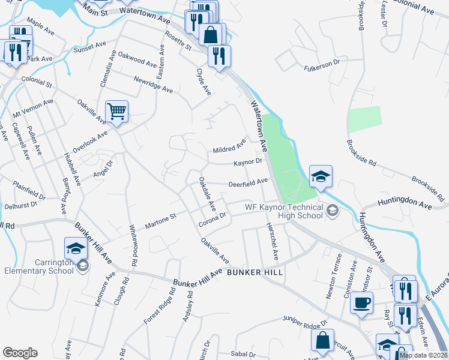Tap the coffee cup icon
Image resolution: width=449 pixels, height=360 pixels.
tap(361, 302)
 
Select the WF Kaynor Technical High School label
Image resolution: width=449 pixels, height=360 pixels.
tap(285, 212)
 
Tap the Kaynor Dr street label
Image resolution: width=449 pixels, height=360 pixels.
tap(248, 162)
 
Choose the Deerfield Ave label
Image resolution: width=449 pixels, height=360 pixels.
tap(247, 182)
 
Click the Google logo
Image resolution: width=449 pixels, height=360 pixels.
tap(20, 353)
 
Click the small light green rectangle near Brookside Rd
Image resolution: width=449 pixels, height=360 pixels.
tap(364, 119)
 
